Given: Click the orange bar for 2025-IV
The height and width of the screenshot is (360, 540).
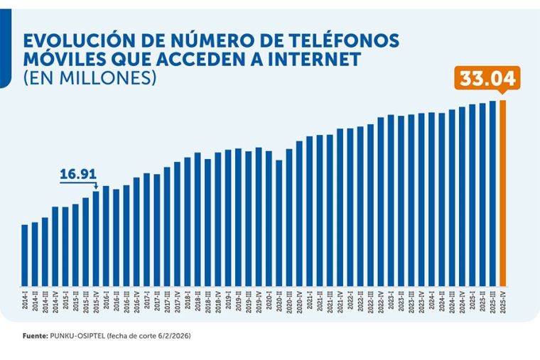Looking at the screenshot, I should (x=503, y=192).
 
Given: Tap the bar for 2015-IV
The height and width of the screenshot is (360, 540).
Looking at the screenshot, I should (x=96, y=238).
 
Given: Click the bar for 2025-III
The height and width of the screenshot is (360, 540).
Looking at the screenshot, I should (x=492, y=192).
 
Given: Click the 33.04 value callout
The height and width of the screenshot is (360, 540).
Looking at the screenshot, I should (x=487, y=79).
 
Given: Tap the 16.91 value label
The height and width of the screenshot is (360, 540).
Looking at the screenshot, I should (x=78, y=173).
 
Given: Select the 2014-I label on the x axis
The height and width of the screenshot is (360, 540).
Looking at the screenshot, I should (x=25, y=299).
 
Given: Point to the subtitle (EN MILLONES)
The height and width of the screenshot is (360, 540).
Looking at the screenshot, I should (x=90, y=77).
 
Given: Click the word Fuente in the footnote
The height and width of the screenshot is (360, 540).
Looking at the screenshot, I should (x=33, y=334).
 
